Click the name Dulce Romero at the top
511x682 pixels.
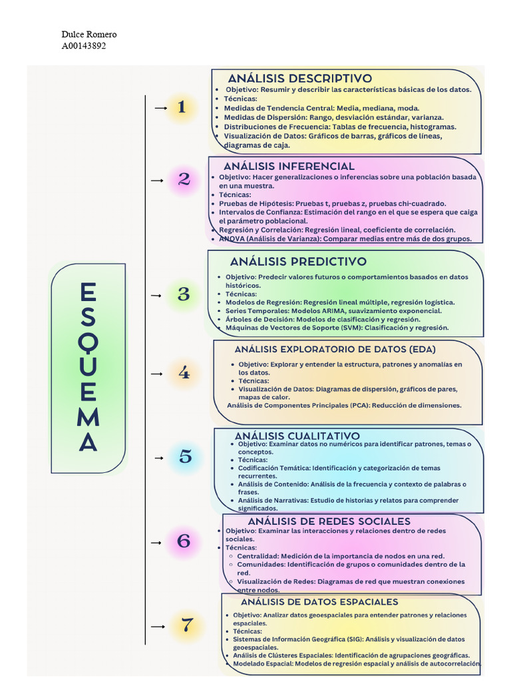click(x=88, y=35)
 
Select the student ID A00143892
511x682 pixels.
click(x=83, y=46)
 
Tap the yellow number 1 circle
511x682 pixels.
click(x=182, y=107)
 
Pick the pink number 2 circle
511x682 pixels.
click(x=184, y=179)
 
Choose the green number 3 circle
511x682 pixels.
click(x=184, y=294)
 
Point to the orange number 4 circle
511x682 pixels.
click(x=184, y=374)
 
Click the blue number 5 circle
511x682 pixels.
click(x=185, y=457)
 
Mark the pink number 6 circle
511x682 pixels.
click(x=184, y=541)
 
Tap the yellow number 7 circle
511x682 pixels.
click(x=187, y=625)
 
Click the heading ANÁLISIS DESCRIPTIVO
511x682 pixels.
click(x=299, y=79)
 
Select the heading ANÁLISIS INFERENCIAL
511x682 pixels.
click(x=289, y=166)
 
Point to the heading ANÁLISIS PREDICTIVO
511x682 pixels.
click(x=298, y=262)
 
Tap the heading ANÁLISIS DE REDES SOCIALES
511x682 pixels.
click(x=329, y=521)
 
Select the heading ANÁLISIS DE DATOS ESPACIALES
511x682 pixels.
click(x=319, y=602)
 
